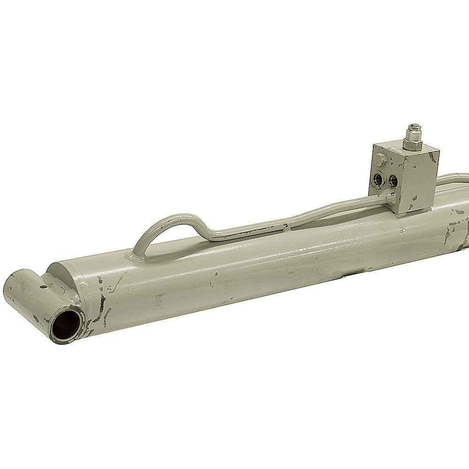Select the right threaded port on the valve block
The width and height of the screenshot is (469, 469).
click(392, 180)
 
